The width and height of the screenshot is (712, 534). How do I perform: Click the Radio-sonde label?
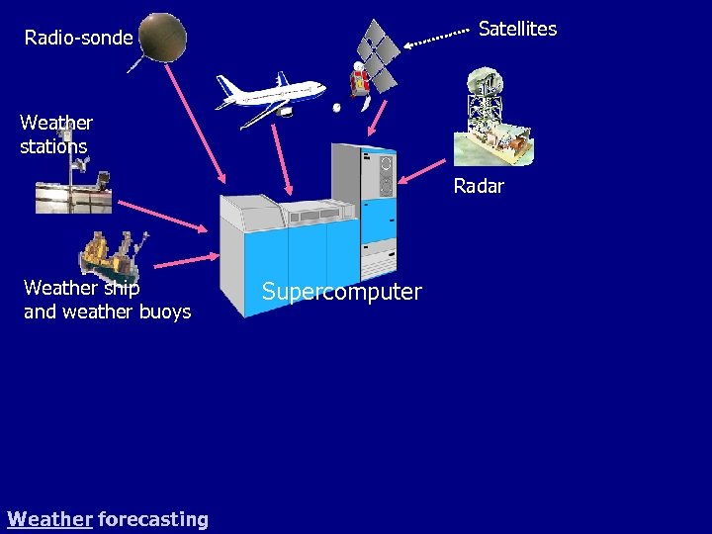[78, 38]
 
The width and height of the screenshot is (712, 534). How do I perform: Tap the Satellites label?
[517, 29]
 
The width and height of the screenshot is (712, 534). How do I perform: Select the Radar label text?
[479, 186]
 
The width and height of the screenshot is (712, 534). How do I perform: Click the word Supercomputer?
[341, 292]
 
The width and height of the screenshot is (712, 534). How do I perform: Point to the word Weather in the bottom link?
[49, 518]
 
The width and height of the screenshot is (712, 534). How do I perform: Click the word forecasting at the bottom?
[153, 518]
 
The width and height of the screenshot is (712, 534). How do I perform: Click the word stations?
[53, 146]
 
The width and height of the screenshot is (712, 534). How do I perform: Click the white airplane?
[271, 97]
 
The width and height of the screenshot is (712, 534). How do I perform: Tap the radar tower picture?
[491, 117]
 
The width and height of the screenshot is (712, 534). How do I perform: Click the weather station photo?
[73, 185]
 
